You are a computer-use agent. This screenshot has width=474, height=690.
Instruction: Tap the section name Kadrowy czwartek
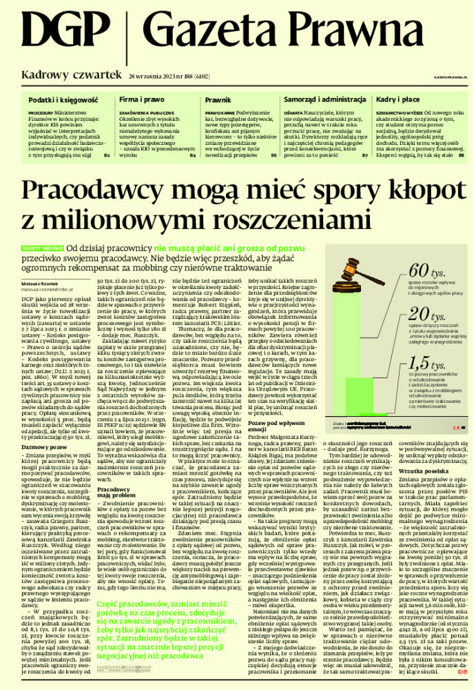(x=71, y=75)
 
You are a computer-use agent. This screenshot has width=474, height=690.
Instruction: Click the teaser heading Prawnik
(x=217, y=101)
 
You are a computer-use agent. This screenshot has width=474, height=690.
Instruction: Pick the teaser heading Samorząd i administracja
(x=319, y=101)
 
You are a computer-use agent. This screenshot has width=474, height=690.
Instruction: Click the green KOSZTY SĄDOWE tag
(x=42, y=246)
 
